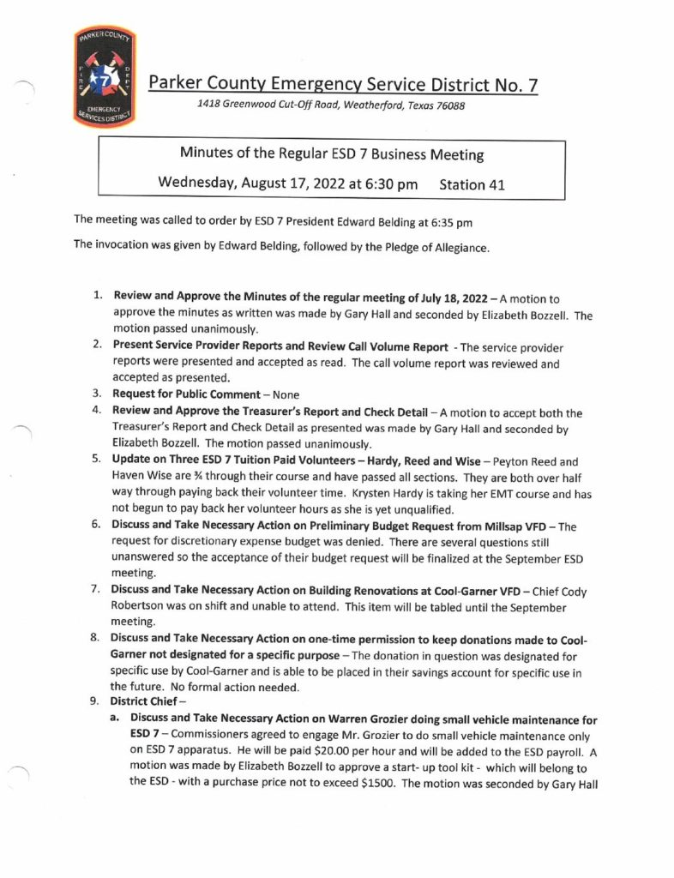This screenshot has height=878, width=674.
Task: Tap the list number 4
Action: click(x=98, y=412)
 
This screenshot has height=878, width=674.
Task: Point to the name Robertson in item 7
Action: click(x=143, y=608)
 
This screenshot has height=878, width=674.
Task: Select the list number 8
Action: click(x=98, y=640)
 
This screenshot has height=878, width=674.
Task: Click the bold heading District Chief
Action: click(x=148, y=703)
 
